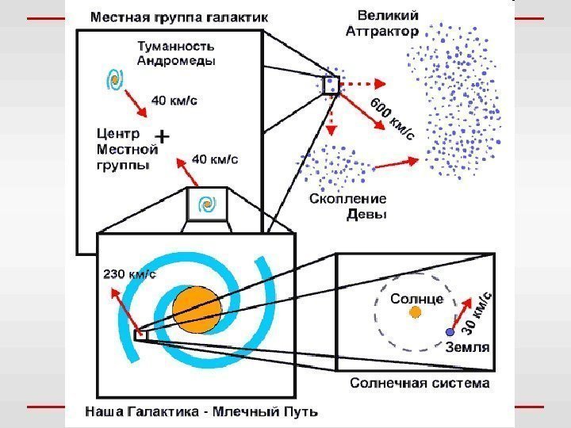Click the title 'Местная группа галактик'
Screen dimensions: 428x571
178,16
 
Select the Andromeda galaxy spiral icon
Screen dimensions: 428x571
115,80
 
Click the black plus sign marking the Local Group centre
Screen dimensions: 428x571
162,137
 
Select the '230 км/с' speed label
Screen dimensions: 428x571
129,275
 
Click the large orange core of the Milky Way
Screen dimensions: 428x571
196,310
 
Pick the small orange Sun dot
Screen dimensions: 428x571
414,313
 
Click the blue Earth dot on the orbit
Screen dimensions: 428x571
450,332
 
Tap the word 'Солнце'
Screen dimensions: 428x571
416,299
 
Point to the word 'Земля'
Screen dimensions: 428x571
467,346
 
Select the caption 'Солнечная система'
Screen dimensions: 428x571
420,384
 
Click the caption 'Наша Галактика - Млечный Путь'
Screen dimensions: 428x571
201,411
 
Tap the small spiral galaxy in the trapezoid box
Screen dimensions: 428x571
206,204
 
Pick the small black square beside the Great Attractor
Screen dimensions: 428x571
330,86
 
